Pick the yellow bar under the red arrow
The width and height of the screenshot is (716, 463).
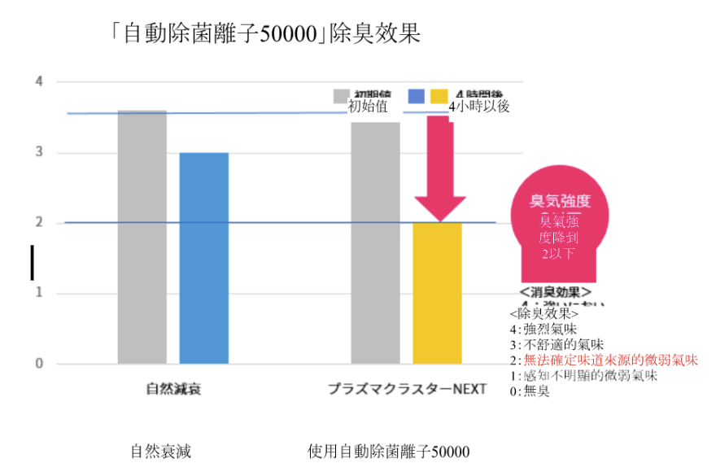coord(437,292)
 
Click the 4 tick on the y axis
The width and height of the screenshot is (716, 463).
coord(38,81)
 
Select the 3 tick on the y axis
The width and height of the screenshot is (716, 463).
coord(38,153)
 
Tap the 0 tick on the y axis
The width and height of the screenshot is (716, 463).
coord(38,364)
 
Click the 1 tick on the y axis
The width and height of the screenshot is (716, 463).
coord(38,294)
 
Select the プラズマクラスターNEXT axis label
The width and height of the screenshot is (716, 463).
coord(407,389)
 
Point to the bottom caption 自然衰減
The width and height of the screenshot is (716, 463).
coord(160,451)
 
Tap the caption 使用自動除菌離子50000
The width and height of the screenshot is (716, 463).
coord(389,451)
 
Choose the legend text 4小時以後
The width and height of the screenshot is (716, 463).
coord(479,107)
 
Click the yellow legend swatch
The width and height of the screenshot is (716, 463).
coord(439,96)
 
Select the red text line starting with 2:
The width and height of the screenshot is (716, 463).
coord(603,360)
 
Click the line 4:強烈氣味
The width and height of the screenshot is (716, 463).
coord(543,329)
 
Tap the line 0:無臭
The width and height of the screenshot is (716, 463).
coord(529,391)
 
